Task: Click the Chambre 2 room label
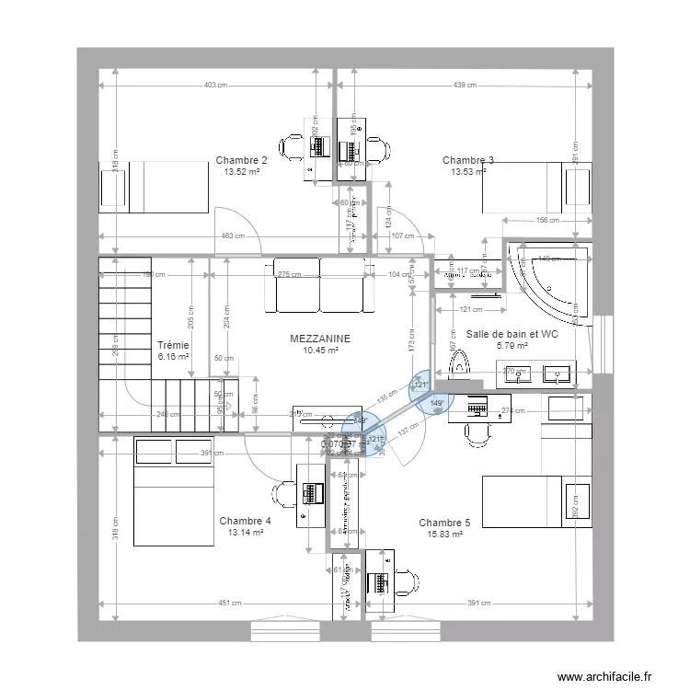[x=242, y=160]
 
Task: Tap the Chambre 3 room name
[x=467, y=160]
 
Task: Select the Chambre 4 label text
[x=245, y=521]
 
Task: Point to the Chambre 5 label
[x=444, y=523]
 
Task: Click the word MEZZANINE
[x=320, y=339]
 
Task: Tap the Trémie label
[x=173, y=345]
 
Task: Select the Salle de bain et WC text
[x=512, y=335]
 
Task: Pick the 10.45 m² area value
[x=320, y=350]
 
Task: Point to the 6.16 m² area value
[x=173, y=356]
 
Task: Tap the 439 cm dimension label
[x=465, y=86]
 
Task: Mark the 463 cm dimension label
[x=233, y=236]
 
